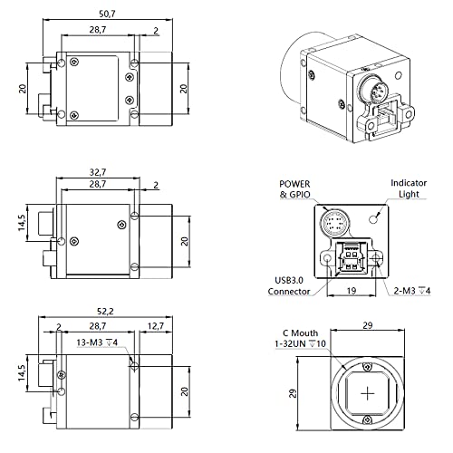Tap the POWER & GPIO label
coord(295,188)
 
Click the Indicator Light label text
coord(408,188)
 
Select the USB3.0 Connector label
coord(290,284)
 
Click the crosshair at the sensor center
coord(366,395)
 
